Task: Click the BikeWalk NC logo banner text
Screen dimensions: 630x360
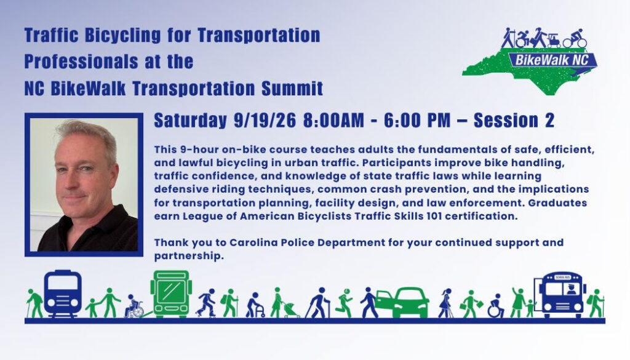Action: point(551,60)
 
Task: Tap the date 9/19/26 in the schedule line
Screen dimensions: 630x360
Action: point(265,120)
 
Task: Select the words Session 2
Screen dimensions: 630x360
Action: point(514,120)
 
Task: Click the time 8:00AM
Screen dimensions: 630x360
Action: point(333,120)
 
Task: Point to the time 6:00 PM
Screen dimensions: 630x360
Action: point(417,120)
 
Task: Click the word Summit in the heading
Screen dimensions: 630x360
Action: point(292,89)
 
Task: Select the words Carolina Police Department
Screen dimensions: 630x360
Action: point(308,242)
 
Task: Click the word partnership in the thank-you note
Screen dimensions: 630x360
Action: point(189,256)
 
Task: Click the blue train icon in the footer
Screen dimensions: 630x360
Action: point(63,294)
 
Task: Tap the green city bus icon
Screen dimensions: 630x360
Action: point(171,294)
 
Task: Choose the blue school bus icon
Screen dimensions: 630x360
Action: point(562,295)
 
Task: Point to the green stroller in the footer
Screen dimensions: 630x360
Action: point(290,310)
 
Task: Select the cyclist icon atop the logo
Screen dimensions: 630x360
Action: point(575,39)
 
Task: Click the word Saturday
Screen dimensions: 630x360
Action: point(191,121)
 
